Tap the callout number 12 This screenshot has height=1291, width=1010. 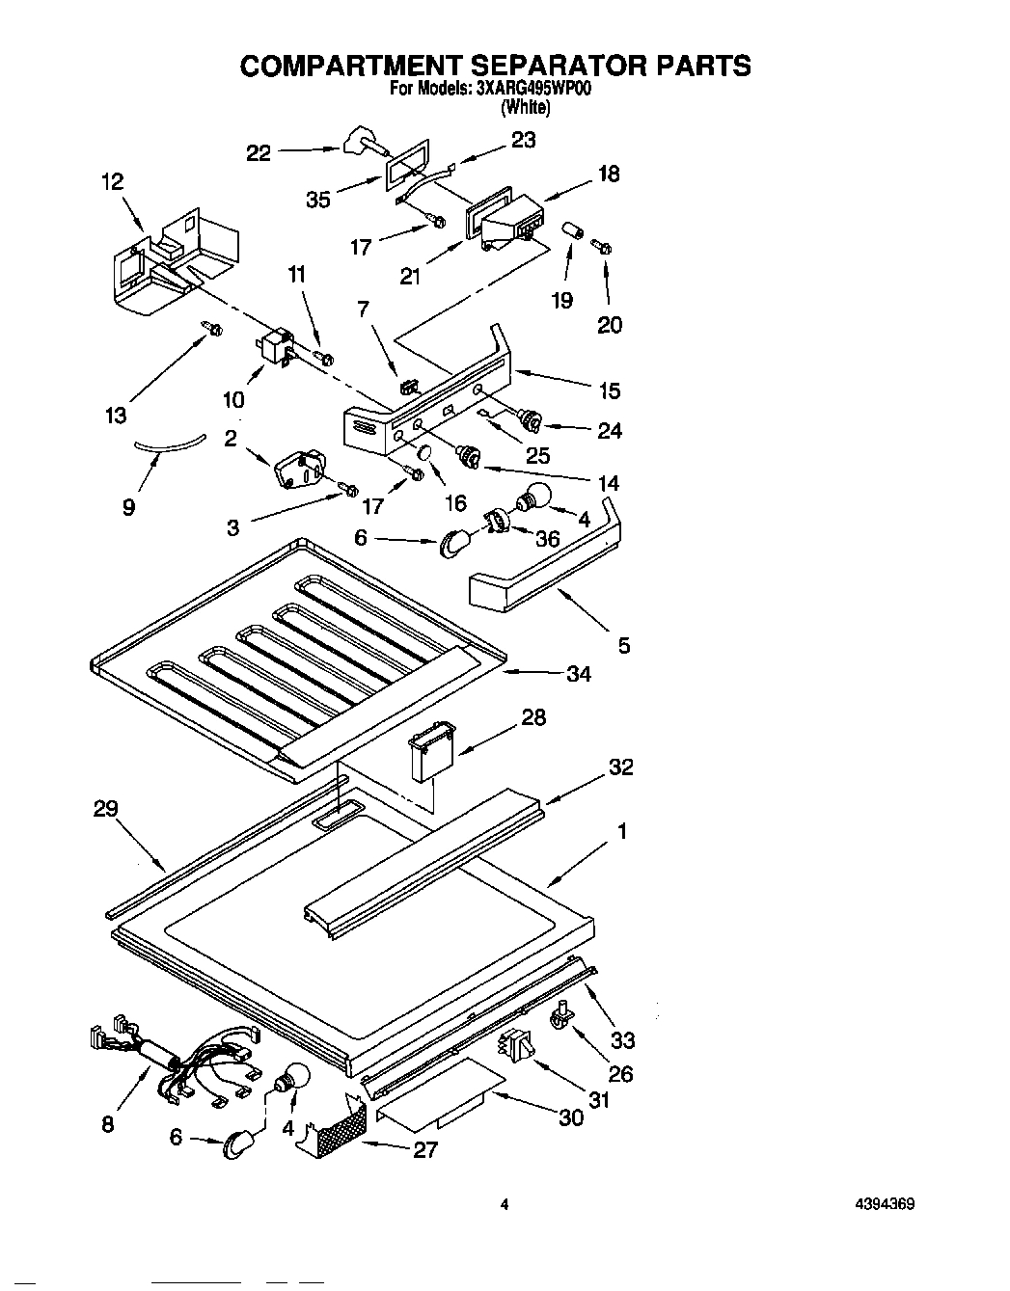[x=113, y=182]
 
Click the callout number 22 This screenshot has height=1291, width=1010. [x=259, y=152]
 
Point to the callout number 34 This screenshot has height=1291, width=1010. [x=578, y=673]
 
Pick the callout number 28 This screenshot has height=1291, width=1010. [x=532, y=716]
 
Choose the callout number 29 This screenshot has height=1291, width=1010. [x=105, y=809]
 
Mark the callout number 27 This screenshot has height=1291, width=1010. [x=425, y=1149]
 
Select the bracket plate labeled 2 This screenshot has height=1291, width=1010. [x=299, y=474]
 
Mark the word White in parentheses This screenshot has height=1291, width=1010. [x=525, y=108]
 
